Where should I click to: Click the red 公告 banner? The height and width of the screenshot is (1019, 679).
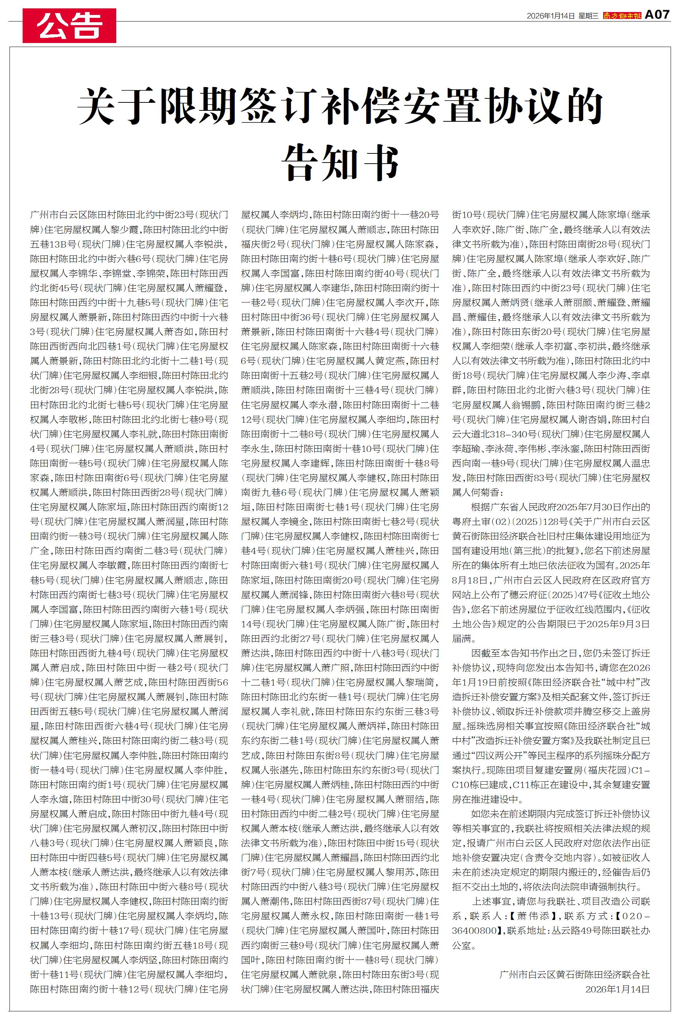click(x=69, y=26)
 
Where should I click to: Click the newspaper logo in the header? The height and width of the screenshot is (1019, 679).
click(x=622, y=16)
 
